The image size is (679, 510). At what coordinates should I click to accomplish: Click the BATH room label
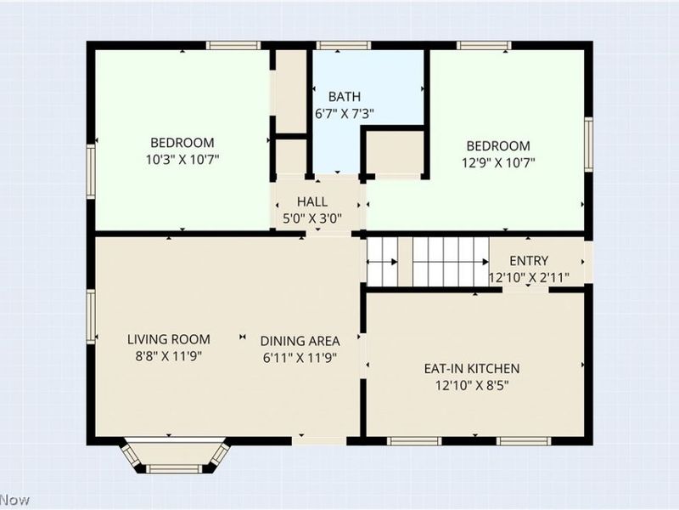pos(345,96)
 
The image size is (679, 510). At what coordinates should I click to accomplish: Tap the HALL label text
pos(312,201)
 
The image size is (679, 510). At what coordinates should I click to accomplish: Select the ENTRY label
pos(529,261)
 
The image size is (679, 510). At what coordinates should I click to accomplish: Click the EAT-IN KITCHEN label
pos(472,369)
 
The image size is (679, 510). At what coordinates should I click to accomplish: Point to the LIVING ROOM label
pos(168,339)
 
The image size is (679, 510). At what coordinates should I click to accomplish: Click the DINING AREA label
pos(300,342)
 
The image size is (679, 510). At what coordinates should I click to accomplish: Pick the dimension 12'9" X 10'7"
pos(498,163)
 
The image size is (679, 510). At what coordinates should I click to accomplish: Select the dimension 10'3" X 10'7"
pos(182,160)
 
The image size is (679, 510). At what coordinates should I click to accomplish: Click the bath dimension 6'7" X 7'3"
pos(345,114)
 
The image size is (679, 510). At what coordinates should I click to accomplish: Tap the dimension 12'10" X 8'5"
pos(472,386)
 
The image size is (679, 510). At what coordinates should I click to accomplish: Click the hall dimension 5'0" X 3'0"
pos(312,218)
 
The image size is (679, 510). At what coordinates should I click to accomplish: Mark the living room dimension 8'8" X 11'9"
pos(168,356)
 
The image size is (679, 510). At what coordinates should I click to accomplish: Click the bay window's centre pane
pos(174,469)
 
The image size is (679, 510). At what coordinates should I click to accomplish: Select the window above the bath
pos(344,46)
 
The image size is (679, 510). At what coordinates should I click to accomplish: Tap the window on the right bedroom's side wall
pos(588,144)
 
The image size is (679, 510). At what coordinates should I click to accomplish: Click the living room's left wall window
pos(91,317)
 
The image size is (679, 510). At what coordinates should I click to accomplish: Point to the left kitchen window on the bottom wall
pos(414,441)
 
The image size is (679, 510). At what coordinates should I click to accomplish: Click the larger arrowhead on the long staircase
pos(485,262)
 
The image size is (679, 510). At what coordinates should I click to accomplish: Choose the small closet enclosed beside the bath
pos(395,152)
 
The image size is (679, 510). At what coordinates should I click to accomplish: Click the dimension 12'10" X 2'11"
pos(529,278)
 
